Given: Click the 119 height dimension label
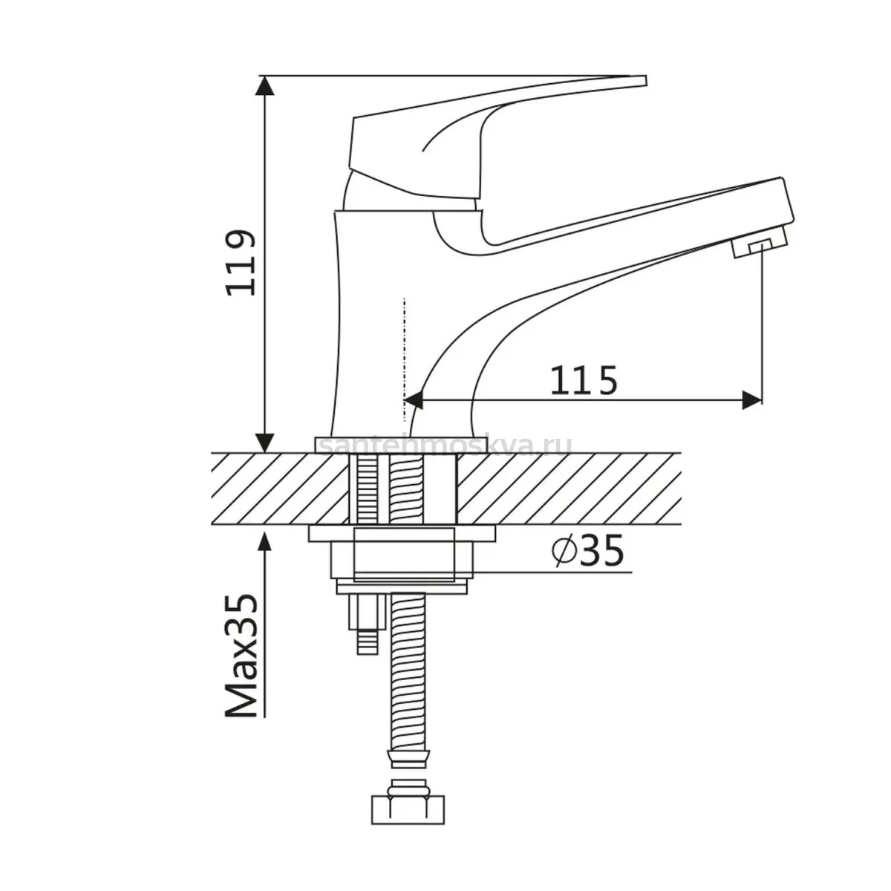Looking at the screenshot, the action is [x=240, y=262].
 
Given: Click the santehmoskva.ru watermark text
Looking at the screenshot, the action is [x=446, y=447].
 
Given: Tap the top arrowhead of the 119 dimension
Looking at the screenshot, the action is [x=264, y=85].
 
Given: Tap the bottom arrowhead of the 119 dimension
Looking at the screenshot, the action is [x=264, y=443].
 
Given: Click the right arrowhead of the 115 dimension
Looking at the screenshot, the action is [x=751, y=399].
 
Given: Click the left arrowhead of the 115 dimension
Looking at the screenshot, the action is [x=414, y=399].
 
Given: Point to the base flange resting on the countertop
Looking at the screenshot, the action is [x=400, y=445].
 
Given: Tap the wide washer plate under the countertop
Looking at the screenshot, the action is [x=402, y=534].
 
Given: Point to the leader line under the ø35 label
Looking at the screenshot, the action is [x=551, y=572].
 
